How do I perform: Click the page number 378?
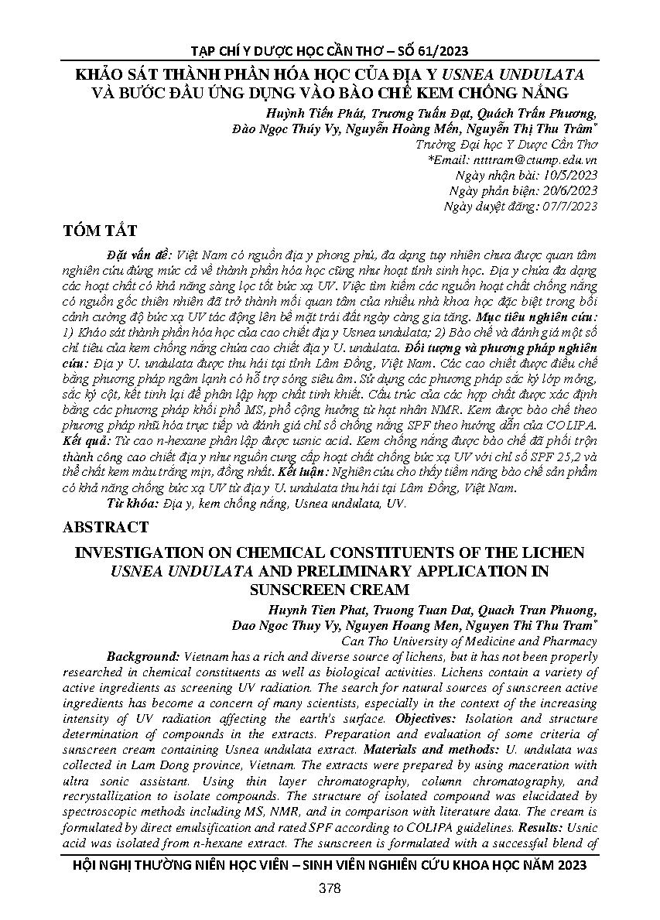(330, 888)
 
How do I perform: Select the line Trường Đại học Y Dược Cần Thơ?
(506, 144)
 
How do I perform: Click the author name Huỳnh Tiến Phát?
(320, 114)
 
